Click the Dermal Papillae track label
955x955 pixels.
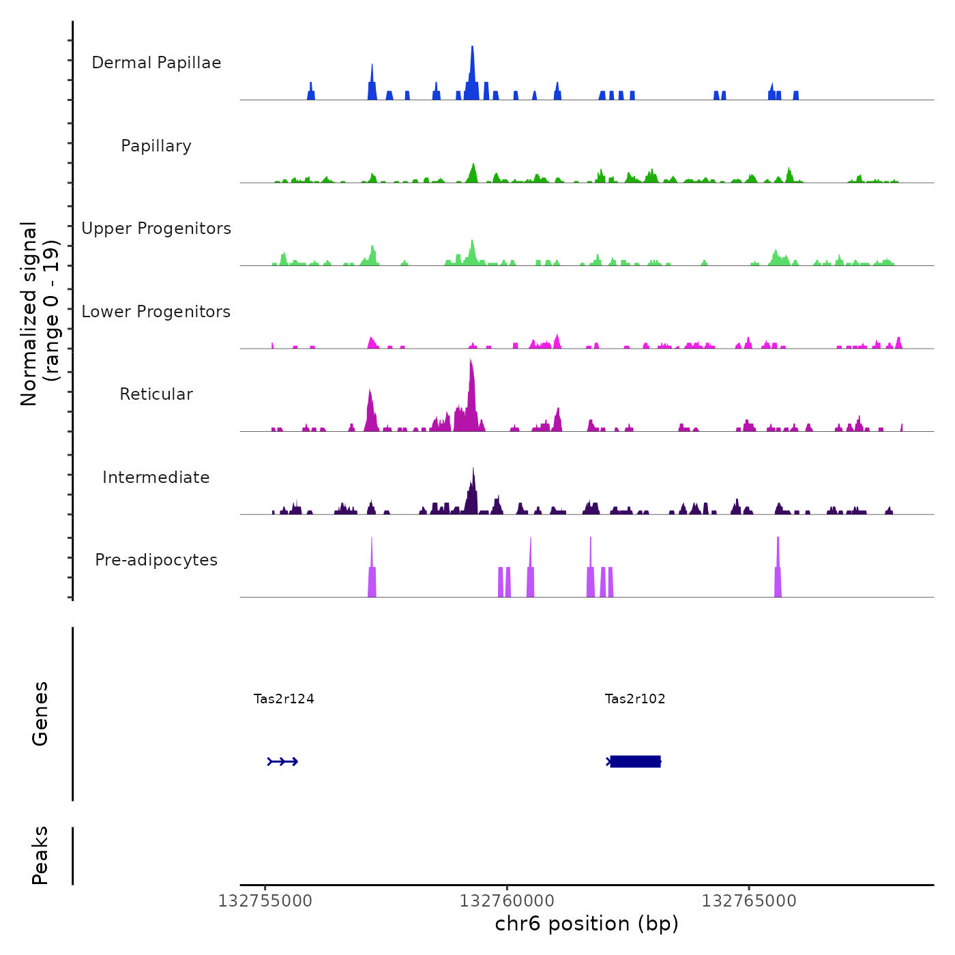click(156, 63)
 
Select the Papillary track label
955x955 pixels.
click(156, 146)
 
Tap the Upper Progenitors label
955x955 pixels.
click(156, 229)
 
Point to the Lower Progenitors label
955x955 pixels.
click(156, 312)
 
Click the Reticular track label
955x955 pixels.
click(156, 394)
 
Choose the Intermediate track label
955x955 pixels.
click(156, 477)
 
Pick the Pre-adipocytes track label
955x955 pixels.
click(156, 560)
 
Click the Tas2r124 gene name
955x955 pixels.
click(284, 699)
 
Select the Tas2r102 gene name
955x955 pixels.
click(635, 699)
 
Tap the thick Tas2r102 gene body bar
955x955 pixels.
click(635, 761)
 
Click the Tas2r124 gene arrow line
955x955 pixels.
click(283, 761)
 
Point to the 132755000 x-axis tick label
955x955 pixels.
click(265, 901)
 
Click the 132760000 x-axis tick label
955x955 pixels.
click(507, 901)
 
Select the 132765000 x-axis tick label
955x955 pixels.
click(749, 901)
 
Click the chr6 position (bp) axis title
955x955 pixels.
click(587, 924)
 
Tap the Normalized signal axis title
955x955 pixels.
click(40, 313)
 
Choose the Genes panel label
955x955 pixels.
click(40, 714)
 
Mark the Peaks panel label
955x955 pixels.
click(40, 855)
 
